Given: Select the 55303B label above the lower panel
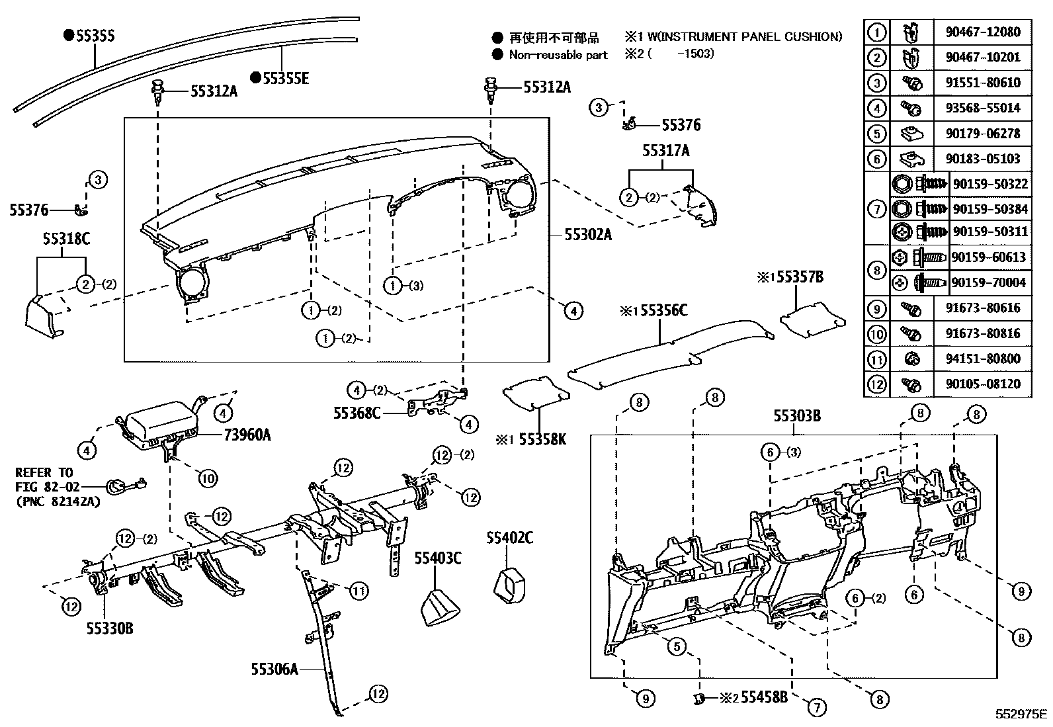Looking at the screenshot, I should (797, 415).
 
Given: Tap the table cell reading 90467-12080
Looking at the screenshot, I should (982, 32).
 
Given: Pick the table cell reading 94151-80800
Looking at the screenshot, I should (982, 359).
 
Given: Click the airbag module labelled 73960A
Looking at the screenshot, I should (159, 423).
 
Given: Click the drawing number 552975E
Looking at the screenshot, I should (1021, 714).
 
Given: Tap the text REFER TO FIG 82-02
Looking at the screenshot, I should (45, 481).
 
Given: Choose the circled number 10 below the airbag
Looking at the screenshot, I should (208, 478).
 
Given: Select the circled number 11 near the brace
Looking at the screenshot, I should (358, 590).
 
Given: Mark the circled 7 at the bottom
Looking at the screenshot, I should (816, 707).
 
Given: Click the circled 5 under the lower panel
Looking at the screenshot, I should (676, 646).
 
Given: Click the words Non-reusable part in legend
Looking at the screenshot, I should (558, 55).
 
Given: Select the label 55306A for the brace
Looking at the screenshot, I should (274, 669).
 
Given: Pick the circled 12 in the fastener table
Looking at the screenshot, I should (876, 384).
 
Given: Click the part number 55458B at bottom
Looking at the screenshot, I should (763, 697).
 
